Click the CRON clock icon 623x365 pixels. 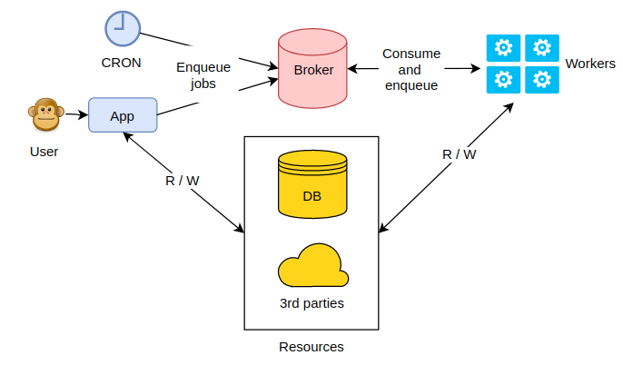click(x=121, y=27)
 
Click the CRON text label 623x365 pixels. click(x=121, y=62)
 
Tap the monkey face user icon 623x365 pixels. click(x=44, y=116)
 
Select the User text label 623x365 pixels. click(x=44, y=152)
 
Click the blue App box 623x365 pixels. click(x=123, y=116)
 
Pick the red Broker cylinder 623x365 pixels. click(x=313, y=68)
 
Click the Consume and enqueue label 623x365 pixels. click(x=411, y=70)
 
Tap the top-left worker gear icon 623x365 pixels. click(x=502, y=47)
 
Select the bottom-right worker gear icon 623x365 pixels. click(x=542, y=80)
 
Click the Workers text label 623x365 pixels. click(x=589, y=64)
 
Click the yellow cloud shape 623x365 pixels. click(x=312, y=265)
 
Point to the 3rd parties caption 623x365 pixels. click(x=311, y=302)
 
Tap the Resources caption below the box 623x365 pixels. click(x=311, y=347)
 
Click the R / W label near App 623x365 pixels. click(x=183, y=180)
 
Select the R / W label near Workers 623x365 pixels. click(x=459, y=154)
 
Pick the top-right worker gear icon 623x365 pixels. click(x=542, y=47)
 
